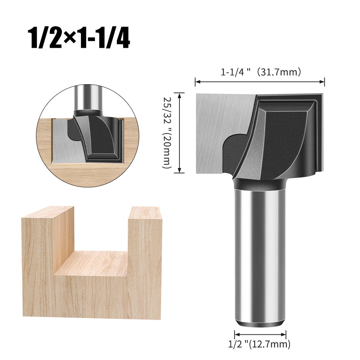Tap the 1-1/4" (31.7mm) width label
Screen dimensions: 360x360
tap(261, 72)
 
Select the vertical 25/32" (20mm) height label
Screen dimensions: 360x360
tap(167, 132)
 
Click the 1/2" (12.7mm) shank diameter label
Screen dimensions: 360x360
tap(259, 345)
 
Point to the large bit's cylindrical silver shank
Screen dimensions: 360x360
tap(260, 252)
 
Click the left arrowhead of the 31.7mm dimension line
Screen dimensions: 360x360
tap(197, 82)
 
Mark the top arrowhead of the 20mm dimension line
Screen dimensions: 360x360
tap(179, 95)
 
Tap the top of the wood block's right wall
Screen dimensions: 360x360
tap(145, 213)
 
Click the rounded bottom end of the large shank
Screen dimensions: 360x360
tap(260, 322)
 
